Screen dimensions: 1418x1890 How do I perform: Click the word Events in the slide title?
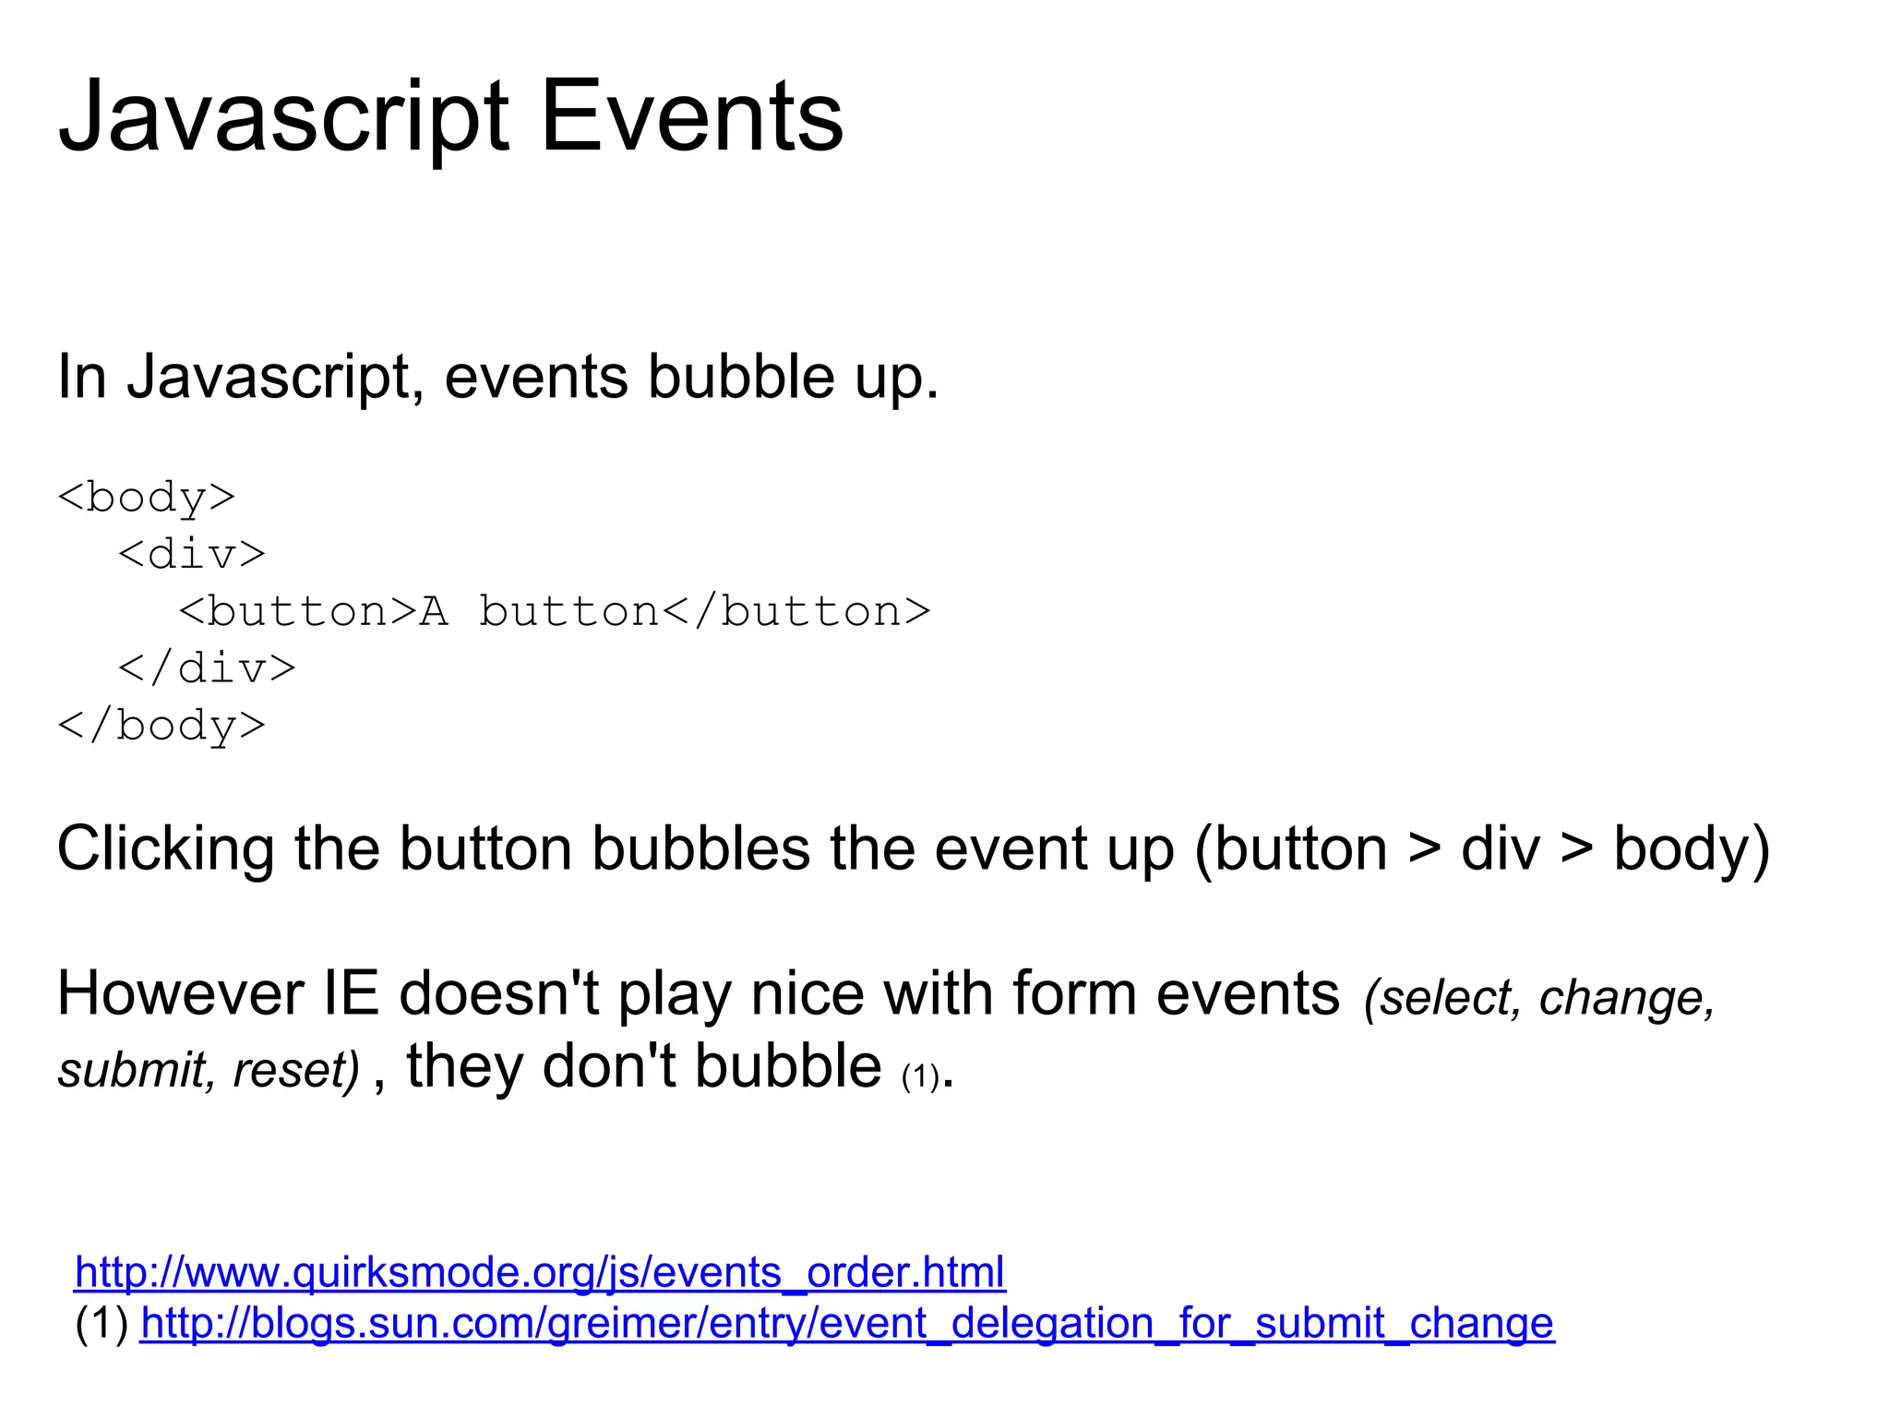click(x=691, y=117)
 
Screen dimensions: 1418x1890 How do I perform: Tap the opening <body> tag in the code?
click(x=147, y=498)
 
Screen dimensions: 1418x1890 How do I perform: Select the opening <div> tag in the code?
click(x=192, y=554)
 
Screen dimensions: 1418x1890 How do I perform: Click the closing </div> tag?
click(x=207, y=667)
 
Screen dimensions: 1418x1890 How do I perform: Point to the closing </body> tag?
click(x=161, y=725)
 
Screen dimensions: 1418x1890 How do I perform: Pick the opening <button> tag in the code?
click(x=298, y=611)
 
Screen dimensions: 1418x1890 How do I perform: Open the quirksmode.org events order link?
click(x=540, y=1272)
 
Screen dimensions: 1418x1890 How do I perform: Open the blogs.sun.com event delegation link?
click(x=847, y=1323)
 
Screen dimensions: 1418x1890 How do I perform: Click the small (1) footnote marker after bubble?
click(x=920, y=1076)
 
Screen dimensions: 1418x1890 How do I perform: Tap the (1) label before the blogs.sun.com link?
click(x=102, y=1323)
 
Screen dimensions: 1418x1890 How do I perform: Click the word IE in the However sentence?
click(x=352, y=994)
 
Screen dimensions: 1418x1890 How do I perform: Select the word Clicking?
click(x=166, y=849)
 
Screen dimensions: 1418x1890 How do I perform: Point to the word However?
click(x=181, y=994)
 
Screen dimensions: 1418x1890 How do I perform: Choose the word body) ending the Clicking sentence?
click(x=1692, y=849)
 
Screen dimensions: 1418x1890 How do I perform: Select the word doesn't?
click(x=499, y=994)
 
